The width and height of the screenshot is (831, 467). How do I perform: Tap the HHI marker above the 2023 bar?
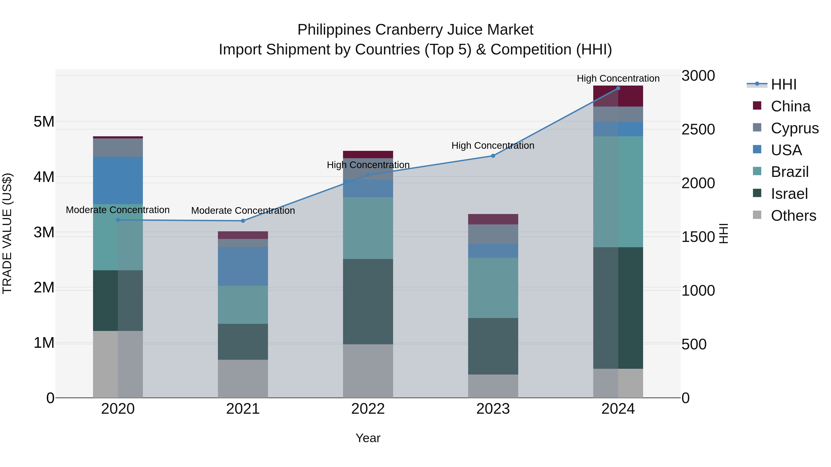pyautogui.click(x=493, y=156)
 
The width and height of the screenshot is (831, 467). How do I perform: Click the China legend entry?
pyautogui.click(x=790, y=106)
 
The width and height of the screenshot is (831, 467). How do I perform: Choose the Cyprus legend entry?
pyautogui.click(x=794, y=128)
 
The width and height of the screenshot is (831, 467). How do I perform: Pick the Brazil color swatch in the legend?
pyautogui.click(x=757, y=171)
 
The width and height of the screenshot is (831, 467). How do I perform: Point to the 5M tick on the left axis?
pyautogui.click(x=44, y=122)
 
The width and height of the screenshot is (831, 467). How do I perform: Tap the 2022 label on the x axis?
pyautogui.click(x=368, y=409)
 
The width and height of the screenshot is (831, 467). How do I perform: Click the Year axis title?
pyautogui.click(x=368, y=438)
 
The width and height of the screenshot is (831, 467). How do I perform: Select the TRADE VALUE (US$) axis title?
pyautogui.click(x=7, y=233)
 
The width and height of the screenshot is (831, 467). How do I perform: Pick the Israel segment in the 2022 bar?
pyautogui.click(x=368, y=301)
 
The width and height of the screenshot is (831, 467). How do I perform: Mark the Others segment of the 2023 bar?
pyautogui.click(x=493, y=386)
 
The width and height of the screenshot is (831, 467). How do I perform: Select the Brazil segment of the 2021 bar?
pyautogui.click(x=243, y=305)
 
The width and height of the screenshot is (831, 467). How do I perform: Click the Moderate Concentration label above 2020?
pyautogui.click(x=118, y=210)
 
